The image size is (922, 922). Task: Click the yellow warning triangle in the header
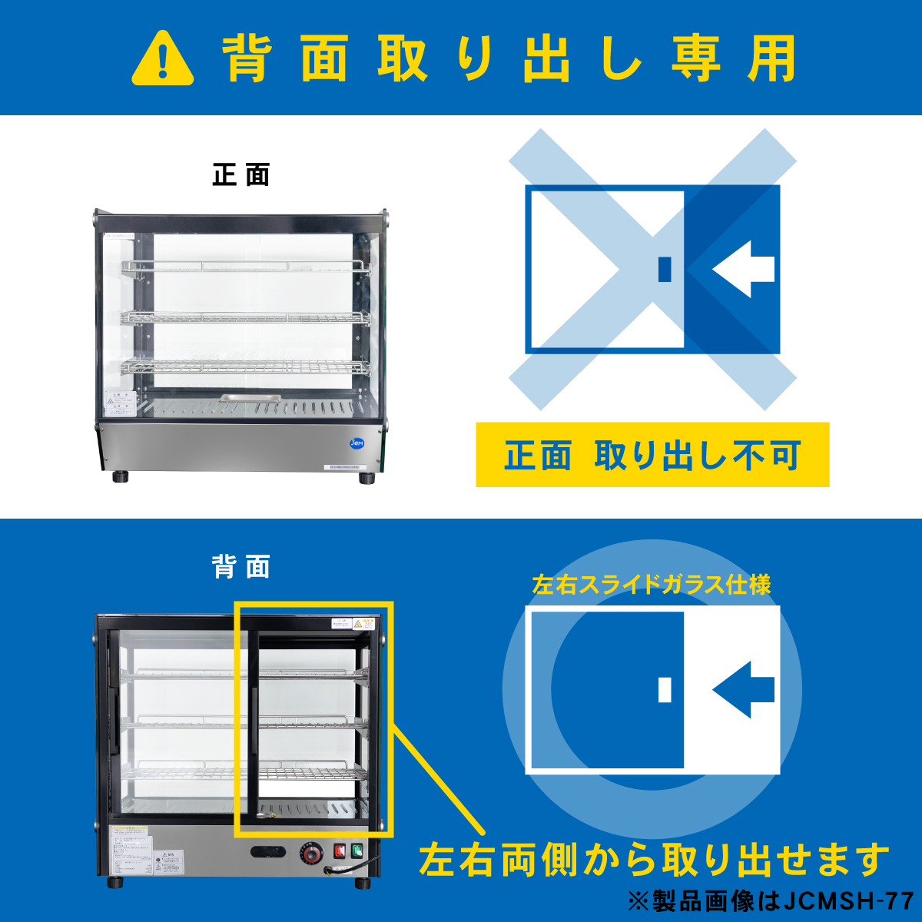click(x=163, y=59)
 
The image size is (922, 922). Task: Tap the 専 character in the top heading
click(x=696, y=59)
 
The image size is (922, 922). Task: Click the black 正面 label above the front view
click(x=241, y=175)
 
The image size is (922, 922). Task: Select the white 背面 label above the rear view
click(x=241, y=568)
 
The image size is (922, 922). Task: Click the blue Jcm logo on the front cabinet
click(x=357, y=443)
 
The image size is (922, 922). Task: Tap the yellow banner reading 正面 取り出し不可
click(x=652, y=455)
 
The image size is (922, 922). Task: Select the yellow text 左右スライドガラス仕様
click(x=652, y=585)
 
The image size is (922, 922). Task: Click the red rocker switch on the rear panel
click(x=340, y=851)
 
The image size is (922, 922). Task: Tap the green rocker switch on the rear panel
click(x=357, y=851)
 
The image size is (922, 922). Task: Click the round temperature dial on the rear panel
click(x=311, y=855)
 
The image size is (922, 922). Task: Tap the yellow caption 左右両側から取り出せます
click(x=654, y=860)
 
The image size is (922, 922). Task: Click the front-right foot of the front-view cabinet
click(x=366, y=478)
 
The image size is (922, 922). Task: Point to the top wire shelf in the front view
click(x=244, y=267)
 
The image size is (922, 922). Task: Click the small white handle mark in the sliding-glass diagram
click(x=665, y=689)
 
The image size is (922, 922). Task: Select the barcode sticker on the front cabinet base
click(x=353, y=467)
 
